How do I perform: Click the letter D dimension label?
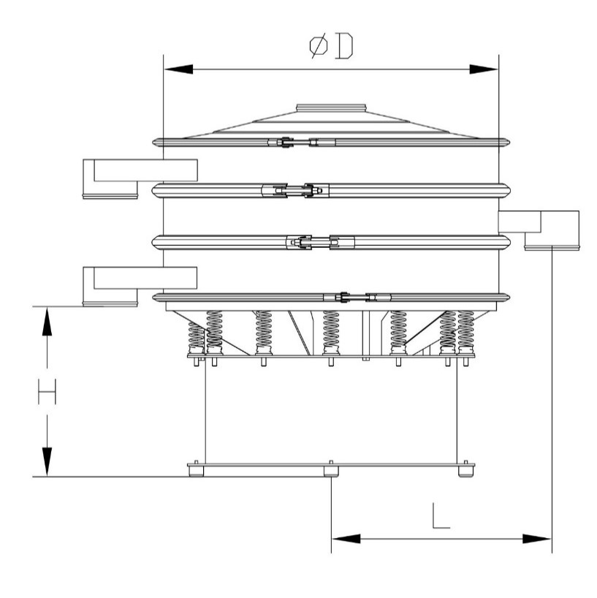tap(343, 46)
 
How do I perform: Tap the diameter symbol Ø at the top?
tap(319, 46)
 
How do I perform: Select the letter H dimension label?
tap(47, 392)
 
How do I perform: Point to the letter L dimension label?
tap(441, 516)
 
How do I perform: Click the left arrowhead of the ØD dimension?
tap(178, 69)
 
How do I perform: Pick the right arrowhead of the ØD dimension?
tap(484, 69)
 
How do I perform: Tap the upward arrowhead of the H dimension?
tap(47, 322)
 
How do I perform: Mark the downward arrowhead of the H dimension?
tap(47, 462)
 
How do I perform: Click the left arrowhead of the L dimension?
tap(346, 539)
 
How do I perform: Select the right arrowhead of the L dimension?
tap(537, 539)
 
